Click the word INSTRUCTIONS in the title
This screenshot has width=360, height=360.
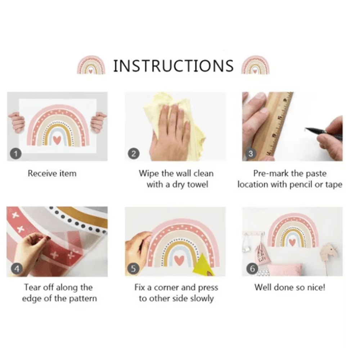click(174, 66)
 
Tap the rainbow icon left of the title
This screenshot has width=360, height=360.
click(91, 65)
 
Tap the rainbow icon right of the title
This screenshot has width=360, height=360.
click(255, 65)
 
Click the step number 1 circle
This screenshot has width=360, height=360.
click(15, 154)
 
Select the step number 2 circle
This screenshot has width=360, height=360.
click(134, 154)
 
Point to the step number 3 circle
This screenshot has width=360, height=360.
click(251, 154)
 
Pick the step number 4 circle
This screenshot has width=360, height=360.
click(17, 269)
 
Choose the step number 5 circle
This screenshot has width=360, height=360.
click(134, 269)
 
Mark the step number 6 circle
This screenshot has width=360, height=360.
click(252, 269)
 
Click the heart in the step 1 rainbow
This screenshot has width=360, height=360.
click(57, 140)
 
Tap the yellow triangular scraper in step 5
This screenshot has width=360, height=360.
click(203, 265)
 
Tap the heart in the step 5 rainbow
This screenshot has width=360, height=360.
click(179, 259)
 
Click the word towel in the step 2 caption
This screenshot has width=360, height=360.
click(198, 184)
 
